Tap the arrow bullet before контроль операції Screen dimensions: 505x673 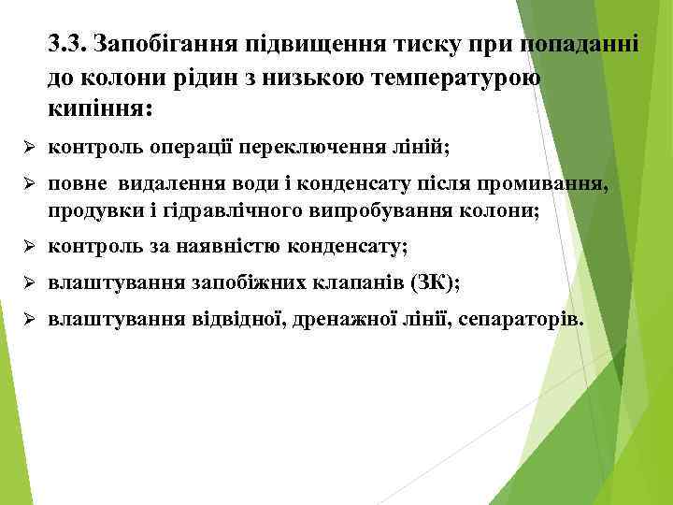pyautogui.click(x=28, y=148)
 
